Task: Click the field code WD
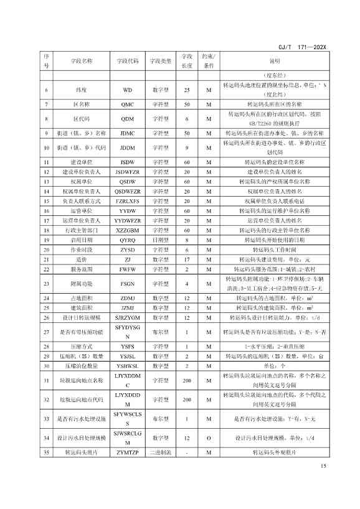point(127,90)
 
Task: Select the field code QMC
point(127,105)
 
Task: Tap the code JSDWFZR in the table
point(127,171)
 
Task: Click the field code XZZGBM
point(127,230)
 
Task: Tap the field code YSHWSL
point(127,367)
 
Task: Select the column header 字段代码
point(127,61)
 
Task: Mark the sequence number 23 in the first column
point(46,283)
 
